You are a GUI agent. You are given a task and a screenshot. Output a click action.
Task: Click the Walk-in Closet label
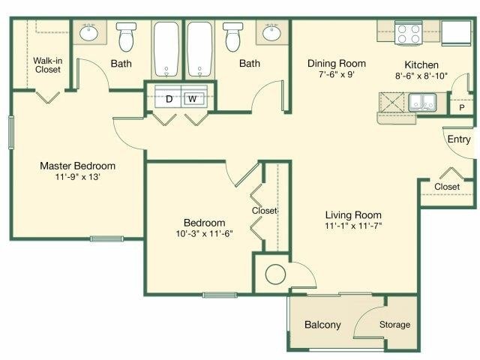pos(47,64)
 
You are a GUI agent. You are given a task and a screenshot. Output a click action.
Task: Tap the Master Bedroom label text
pos(78,166)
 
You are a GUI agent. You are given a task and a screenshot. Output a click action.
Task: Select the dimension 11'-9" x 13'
pos(78,178)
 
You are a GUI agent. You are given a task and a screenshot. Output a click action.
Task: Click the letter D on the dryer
pos(169,98)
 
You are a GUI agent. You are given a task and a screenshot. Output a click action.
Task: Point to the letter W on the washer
pos(192,98)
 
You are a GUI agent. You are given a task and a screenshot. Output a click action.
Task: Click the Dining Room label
pos(337,64)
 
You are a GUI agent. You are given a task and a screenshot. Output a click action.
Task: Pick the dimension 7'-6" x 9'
pos(337,76)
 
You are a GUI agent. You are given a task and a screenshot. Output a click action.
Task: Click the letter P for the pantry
pos(461,108)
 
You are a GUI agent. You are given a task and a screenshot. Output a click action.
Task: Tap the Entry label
pos(459,139)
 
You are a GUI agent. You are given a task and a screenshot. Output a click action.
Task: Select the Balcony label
pos(322,325)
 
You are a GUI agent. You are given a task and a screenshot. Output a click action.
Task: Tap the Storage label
pos(394,325)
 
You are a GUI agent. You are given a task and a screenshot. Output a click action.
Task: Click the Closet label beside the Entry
pos(447,186)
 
